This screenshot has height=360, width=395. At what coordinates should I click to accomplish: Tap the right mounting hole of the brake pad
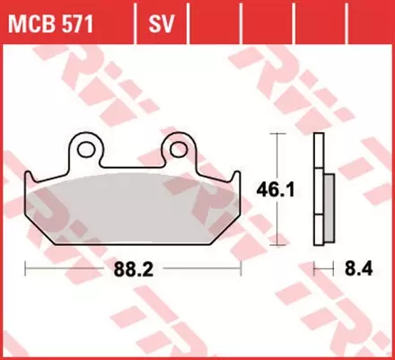(179, 146)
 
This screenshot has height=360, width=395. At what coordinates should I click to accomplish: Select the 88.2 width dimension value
(133, 268)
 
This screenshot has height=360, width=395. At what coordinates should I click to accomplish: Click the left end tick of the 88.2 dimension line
(25, 268)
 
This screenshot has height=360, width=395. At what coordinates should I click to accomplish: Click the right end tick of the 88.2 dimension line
(241, 268)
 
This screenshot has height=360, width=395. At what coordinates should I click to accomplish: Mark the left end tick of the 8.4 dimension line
(315, 268)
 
